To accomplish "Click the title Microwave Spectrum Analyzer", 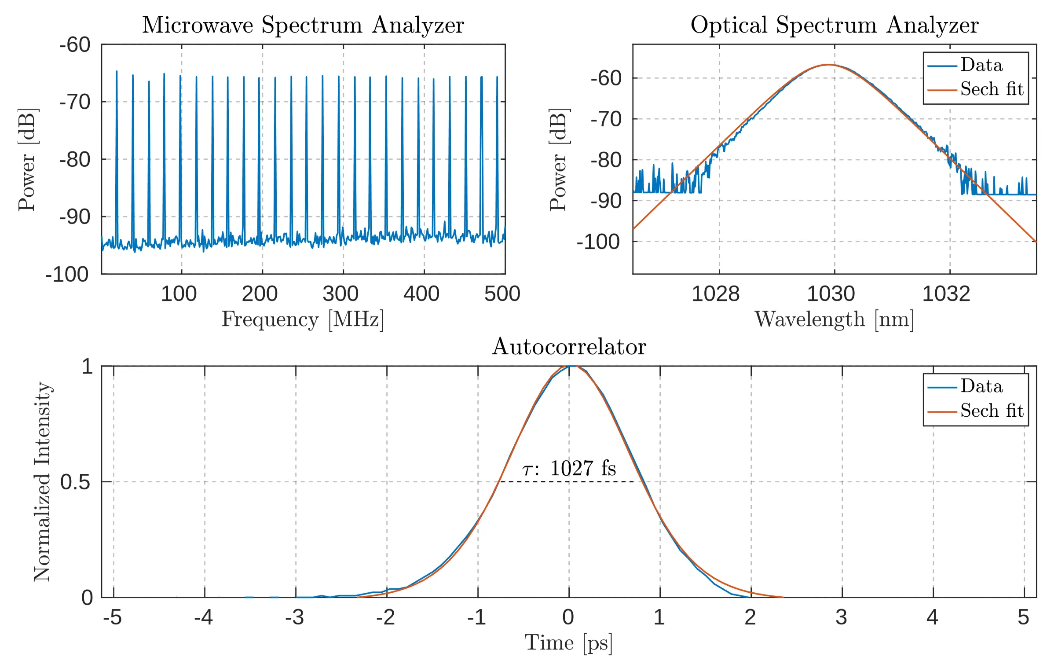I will [x=303, y=25].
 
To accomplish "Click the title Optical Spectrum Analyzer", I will [x=834, y=25].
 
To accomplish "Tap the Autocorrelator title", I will [x=568, y=347].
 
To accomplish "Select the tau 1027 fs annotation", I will [x=569, y=468].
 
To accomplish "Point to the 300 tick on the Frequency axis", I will [x=340, y=294].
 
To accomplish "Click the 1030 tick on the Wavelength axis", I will [x=831, y=294].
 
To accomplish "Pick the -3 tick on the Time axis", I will [x=295, y=617].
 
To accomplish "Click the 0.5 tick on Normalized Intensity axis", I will [x=75, y=482].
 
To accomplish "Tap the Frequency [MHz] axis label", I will [x=303, y=319].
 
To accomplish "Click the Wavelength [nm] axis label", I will [x=834, y=319].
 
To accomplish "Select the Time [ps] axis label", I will [x=568, y=643].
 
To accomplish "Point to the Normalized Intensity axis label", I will [x=42, y=481].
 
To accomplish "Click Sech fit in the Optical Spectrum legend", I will [x=992, y=89].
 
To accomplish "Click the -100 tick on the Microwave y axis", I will [x=67, y=275].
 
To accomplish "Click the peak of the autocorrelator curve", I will [x=570, y=366].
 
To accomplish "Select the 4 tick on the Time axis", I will [x=932, y=617].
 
